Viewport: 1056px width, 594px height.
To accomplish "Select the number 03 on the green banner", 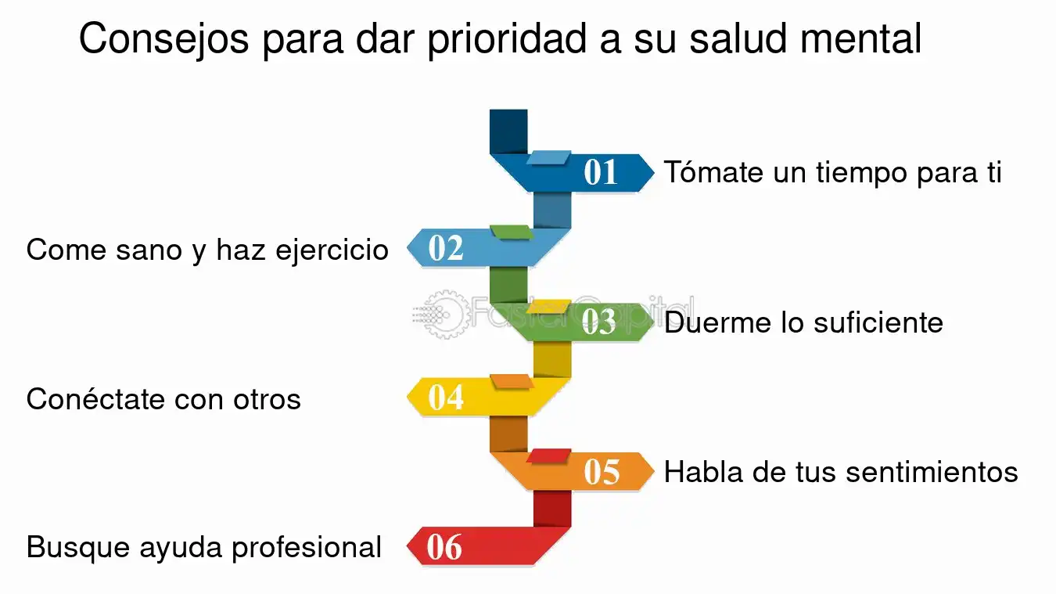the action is [x=598, y=322].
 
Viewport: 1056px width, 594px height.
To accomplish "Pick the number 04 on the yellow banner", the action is [x=446, y=397].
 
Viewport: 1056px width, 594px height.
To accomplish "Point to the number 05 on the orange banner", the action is [x=602, y=471].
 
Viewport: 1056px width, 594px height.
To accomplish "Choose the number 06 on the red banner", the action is [x=444, y=546].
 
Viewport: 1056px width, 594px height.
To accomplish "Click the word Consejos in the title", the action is [x=163, y=39].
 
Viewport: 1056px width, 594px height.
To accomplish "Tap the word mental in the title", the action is [x=860, y=38].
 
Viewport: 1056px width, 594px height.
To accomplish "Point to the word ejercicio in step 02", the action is [x=332, y=250].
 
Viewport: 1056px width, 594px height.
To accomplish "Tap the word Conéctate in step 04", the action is [x=96, y=398].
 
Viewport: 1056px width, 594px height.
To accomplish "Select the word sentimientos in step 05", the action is [x=932, y=472].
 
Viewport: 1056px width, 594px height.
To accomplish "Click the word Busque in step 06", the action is [x=77, y=549].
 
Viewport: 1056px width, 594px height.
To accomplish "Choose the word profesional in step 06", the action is [x=307, y=549].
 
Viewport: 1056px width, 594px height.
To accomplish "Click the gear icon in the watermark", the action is [x=446, y=315].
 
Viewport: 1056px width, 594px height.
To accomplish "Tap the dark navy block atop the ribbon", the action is [x=508, y=131].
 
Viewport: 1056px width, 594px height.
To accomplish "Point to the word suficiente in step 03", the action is [x=878, y=322].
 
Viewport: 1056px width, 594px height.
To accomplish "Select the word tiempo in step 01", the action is [x=861, y=174].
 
